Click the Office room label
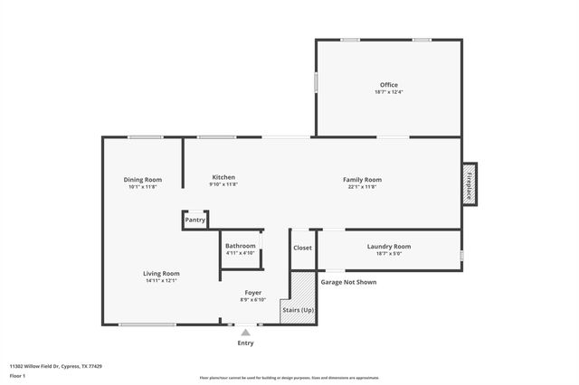[x=388, y=85]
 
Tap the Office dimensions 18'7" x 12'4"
[x=388, y=92]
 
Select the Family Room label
[x=362, y=179]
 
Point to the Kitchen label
[x=223, y=177]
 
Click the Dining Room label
[x=142, y=179]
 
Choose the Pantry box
[x=195, y=220]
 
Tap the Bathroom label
[x=241, y=246]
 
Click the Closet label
[x=302, y=248]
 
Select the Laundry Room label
[x=389, y=246]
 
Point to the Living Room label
[x=161, y=273]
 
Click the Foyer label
[x=253, y=292]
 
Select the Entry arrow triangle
[x=245, y=333]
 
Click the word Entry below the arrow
[x=245, y=343]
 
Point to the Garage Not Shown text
[x=348, y=282]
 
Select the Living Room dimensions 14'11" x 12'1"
[x=161, y=280]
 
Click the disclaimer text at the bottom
[x=289, y=378]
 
